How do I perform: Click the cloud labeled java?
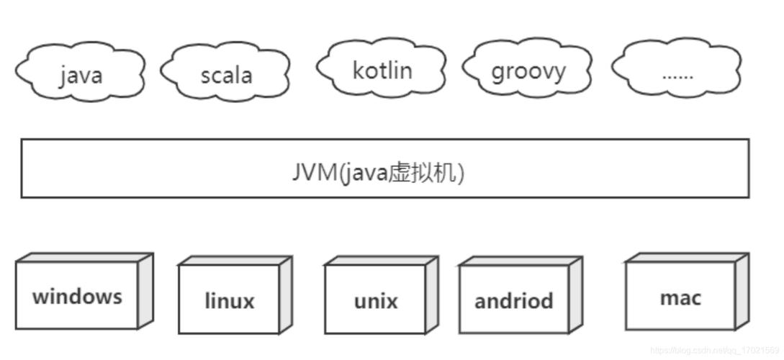tap(79, 72)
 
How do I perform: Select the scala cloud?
tap(225, 72)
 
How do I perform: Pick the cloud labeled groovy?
tap(528, 70)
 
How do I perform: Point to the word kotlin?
tap(382, 71)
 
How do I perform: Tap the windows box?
tap(76, 295)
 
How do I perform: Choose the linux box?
tap(229, 300)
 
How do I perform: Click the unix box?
tap(375, 300)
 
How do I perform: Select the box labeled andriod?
tap(513, 300)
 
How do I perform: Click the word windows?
tap(76, 296)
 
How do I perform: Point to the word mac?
tap(680, 297)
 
